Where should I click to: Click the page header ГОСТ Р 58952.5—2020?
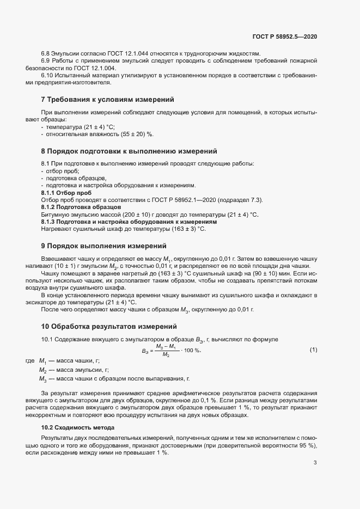285,36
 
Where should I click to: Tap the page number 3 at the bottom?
315,463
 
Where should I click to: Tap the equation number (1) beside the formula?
313,349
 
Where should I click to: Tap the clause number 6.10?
48,75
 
